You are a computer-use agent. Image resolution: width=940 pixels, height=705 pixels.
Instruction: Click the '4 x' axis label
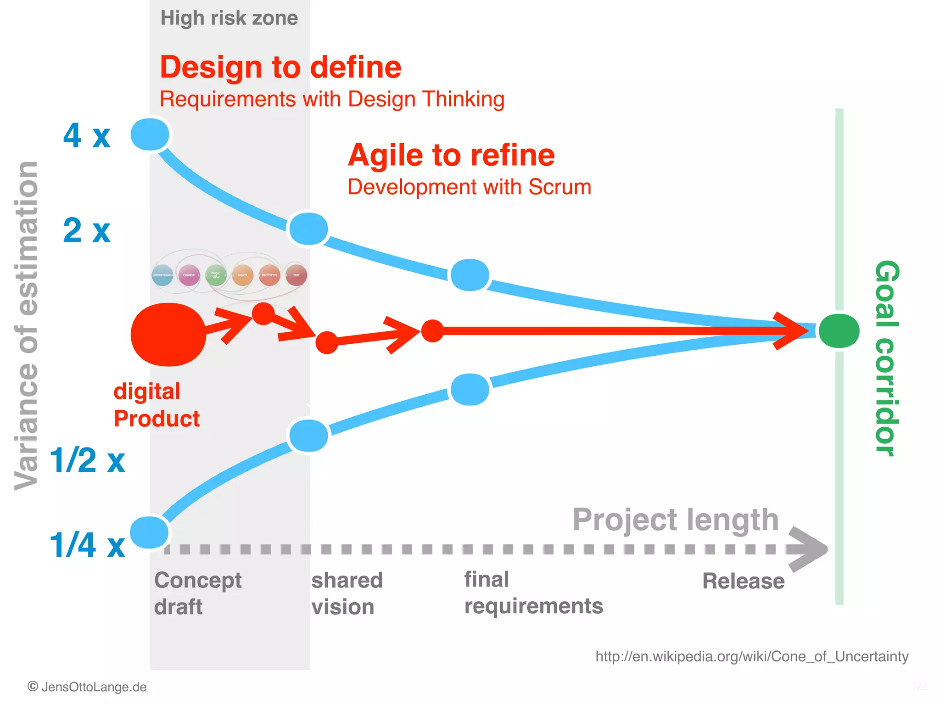click(x=87, y=136)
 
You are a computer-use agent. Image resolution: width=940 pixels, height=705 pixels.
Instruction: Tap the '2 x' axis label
click(x=87, y=230)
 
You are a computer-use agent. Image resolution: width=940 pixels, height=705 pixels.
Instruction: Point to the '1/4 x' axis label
click(x=87, y=545)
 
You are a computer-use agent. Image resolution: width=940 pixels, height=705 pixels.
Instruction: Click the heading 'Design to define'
click(x=280, y=67)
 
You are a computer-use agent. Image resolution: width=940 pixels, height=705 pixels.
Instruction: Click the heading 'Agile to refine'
click(x=451, y=155)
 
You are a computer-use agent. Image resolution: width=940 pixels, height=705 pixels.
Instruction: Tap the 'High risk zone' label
click(x=229, y=18)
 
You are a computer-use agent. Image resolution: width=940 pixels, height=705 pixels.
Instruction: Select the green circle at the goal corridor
click(x=839, y=331)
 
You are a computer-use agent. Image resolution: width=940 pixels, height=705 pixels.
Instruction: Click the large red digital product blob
click(x=168, y=334)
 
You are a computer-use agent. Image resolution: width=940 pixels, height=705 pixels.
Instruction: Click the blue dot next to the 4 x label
click(x=150, y=134)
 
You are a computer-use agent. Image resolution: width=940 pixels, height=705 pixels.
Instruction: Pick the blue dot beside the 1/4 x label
click(x=150, y=532)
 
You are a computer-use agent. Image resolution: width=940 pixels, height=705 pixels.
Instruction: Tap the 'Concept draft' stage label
click(x=197, y=593)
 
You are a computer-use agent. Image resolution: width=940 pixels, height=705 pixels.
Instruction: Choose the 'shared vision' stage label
click(x=347, y=593)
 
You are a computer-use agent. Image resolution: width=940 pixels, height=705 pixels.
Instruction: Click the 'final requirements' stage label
click(x=533, y=593)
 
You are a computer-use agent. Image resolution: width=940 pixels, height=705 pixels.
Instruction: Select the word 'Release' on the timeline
click(x=743, y=581)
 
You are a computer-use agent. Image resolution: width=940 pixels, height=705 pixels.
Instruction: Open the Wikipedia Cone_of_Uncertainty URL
click(x=752, y=656)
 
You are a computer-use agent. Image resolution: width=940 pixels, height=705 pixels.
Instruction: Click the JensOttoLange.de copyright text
click(x=87, y=687)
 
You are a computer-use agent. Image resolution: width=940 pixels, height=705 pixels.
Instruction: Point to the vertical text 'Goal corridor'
click(x=886, y=358)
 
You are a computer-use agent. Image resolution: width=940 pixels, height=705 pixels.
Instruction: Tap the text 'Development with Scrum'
click(x=469, y=187)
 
